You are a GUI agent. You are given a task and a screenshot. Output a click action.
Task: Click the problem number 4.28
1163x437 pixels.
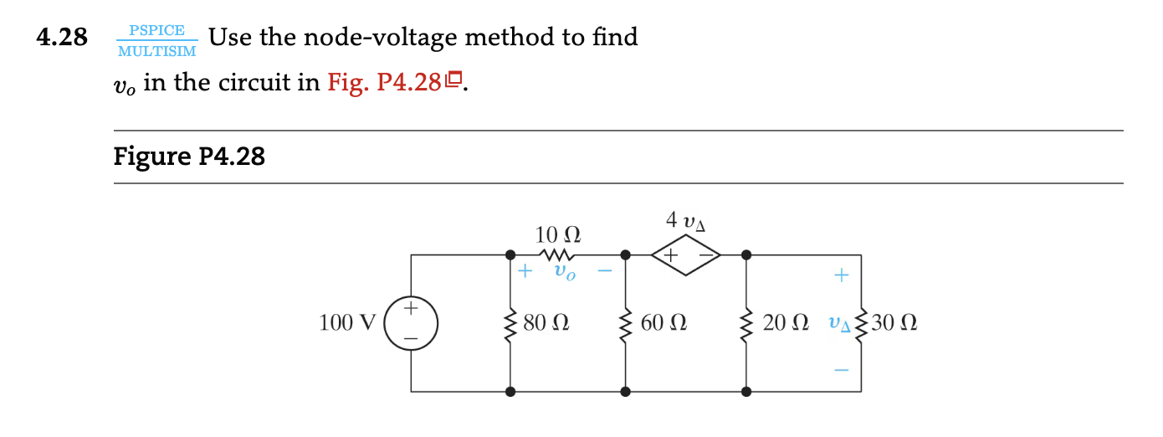coord(63,38)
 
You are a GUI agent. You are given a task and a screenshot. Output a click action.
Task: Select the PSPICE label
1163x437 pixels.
coord(157,30)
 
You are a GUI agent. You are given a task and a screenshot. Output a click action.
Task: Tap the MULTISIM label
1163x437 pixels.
coord(157,51)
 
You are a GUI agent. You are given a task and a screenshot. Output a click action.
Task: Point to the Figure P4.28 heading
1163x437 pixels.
coord(189,157)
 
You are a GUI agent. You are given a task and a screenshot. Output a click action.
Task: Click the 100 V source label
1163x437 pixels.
coord(347,322)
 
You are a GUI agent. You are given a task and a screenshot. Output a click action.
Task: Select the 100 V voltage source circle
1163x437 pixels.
coord(411,322)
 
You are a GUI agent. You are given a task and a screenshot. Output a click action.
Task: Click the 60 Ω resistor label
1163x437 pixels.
coord(664,322)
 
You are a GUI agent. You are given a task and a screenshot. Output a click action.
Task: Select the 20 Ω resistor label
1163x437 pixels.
coord(786,322)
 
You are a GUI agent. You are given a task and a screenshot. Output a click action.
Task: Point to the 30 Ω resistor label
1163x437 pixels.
coord(895,322)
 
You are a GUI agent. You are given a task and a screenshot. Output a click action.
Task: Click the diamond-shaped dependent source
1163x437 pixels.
coord(685,254)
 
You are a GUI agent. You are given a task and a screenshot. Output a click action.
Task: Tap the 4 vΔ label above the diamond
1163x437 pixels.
coord(685,221)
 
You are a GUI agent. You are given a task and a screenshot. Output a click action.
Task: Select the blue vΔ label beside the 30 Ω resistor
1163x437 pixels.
coord(838,323)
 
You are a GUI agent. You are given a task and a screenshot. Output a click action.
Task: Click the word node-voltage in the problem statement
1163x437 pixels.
coord(378,38)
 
